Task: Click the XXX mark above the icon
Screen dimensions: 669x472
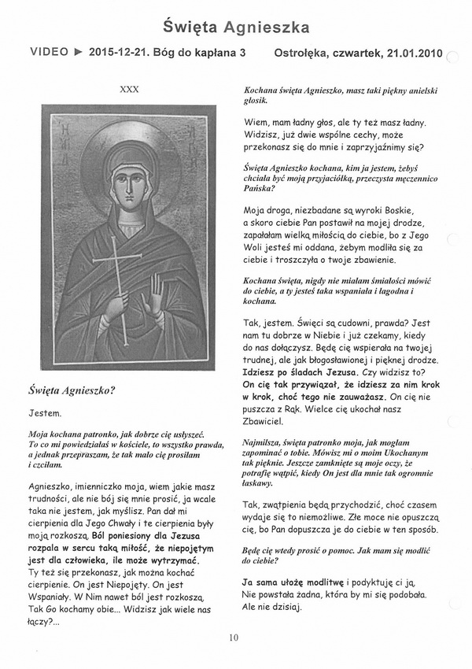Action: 129,90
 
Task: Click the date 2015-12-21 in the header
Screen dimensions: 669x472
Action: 120,54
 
